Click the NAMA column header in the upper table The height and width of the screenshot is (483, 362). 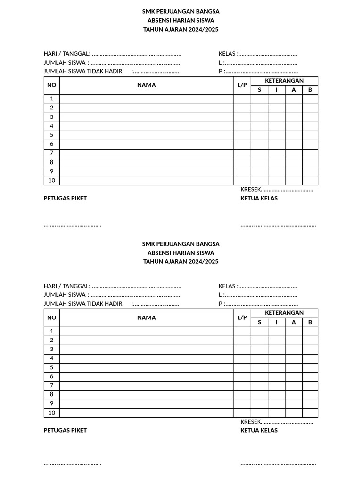pyautogui.click(x=147, y=85)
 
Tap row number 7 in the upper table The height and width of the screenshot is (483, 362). pyautogui.click(x=52, y=153)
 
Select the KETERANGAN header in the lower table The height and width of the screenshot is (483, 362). pyautogui.click(x=284, y=313)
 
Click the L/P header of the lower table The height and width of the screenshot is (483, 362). pyautogui.click(x=242, y=318)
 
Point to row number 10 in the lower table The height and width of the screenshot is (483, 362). pyautogui.click(x=52, y=413)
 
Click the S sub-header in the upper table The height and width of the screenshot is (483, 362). pyautogui.click(x=259, y=90)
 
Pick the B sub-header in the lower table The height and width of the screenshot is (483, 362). pyautogui.click(x=310, y=323)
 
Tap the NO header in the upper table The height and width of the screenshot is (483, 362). pyautogui.click(x=52, y=85)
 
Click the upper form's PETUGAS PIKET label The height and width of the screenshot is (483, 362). pyautogui.click(x=65, y=198)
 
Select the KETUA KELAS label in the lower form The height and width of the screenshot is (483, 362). pyautogui.click(x=259, y=431)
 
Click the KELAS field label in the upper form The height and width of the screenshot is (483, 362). pyautogui.click(x=228, y=54)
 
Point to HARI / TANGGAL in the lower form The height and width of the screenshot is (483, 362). pyautogui.click(x=67, y=286)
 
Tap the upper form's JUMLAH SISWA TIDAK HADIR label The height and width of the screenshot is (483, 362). pyautogui.click(x=83, y=72)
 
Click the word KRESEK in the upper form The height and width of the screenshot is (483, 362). pyautogui.click(x=250, y=190)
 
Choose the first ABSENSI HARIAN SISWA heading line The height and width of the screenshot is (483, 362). pyautogui.click(x=181, y=20)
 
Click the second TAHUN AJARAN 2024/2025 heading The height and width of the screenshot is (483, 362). pyautogui.click(x=181, y=262)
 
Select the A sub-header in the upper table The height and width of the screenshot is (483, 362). pyautogui.click(x=294, y=90)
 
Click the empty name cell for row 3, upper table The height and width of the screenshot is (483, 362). pyautogui.click(x=147, y=117)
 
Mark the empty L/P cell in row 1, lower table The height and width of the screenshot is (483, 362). pyautogui.click(x=242, y=332)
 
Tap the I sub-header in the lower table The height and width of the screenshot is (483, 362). pyautogui.click(x=277, y=323)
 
